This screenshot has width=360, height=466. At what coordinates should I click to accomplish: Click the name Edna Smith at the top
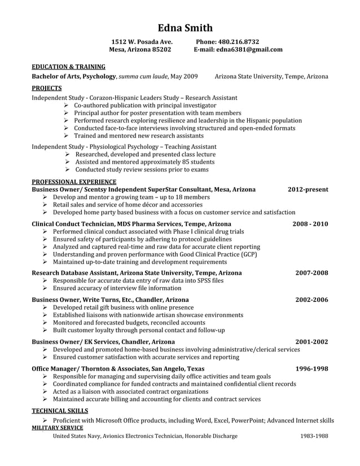point(185,28)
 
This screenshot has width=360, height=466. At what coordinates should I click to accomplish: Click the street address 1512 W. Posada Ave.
point(142,42)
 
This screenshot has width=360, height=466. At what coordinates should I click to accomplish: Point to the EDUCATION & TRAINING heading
point(68,66)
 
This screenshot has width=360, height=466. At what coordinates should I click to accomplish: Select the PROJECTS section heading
point(47,88)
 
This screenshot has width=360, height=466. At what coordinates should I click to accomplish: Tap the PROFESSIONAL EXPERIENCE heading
point(74,182)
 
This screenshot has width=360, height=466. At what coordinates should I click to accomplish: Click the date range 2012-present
point(308,190)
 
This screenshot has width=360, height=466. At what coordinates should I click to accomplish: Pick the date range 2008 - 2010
point(310,224)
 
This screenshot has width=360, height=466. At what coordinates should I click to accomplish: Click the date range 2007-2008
point(311,273)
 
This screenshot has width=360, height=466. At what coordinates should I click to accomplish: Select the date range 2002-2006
point(311,300)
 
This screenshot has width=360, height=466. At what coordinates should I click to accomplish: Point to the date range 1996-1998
point(311,368)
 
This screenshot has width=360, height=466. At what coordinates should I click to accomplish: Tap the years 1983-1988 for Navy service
point(314,436)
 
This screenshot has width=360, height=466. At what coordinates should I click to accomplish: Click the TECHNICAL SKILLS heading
point(60,411)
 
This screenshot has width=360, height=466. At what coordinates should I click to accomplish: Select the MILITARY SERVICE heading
point(58,428)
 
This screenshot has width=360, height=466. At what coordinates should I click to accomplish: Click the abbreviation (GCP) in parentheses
point(249,254)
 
